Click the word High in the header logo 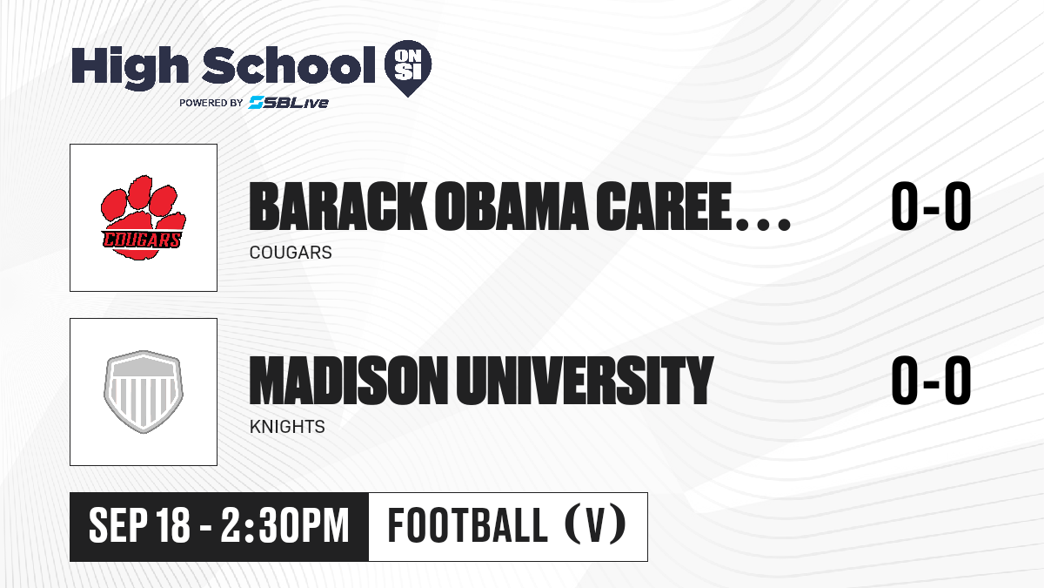(130, 68)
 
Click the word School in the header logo (289, 64)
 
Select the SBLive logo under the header (288, 103)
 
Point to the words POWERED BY (211, 103)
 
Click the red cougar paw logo (143, 218)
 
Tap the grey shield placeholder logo (143, 392)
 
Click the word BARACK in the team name (338, 206)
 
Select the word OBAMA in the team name (512, 206)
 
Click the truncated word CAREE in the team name (664, 206)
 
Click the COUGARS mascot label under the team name (291, 253)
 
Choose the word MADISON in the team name (348, 380)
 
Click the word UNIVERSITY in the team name (585, 380)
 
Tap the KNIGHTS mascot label (287, 427)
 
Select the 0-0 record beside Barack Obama (931, 206)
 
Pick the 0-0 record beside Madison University (931, 380)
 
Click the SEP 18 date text (139, 525)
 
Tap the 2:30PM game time (284, 525)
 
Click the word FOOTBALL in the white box (467, 525)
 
